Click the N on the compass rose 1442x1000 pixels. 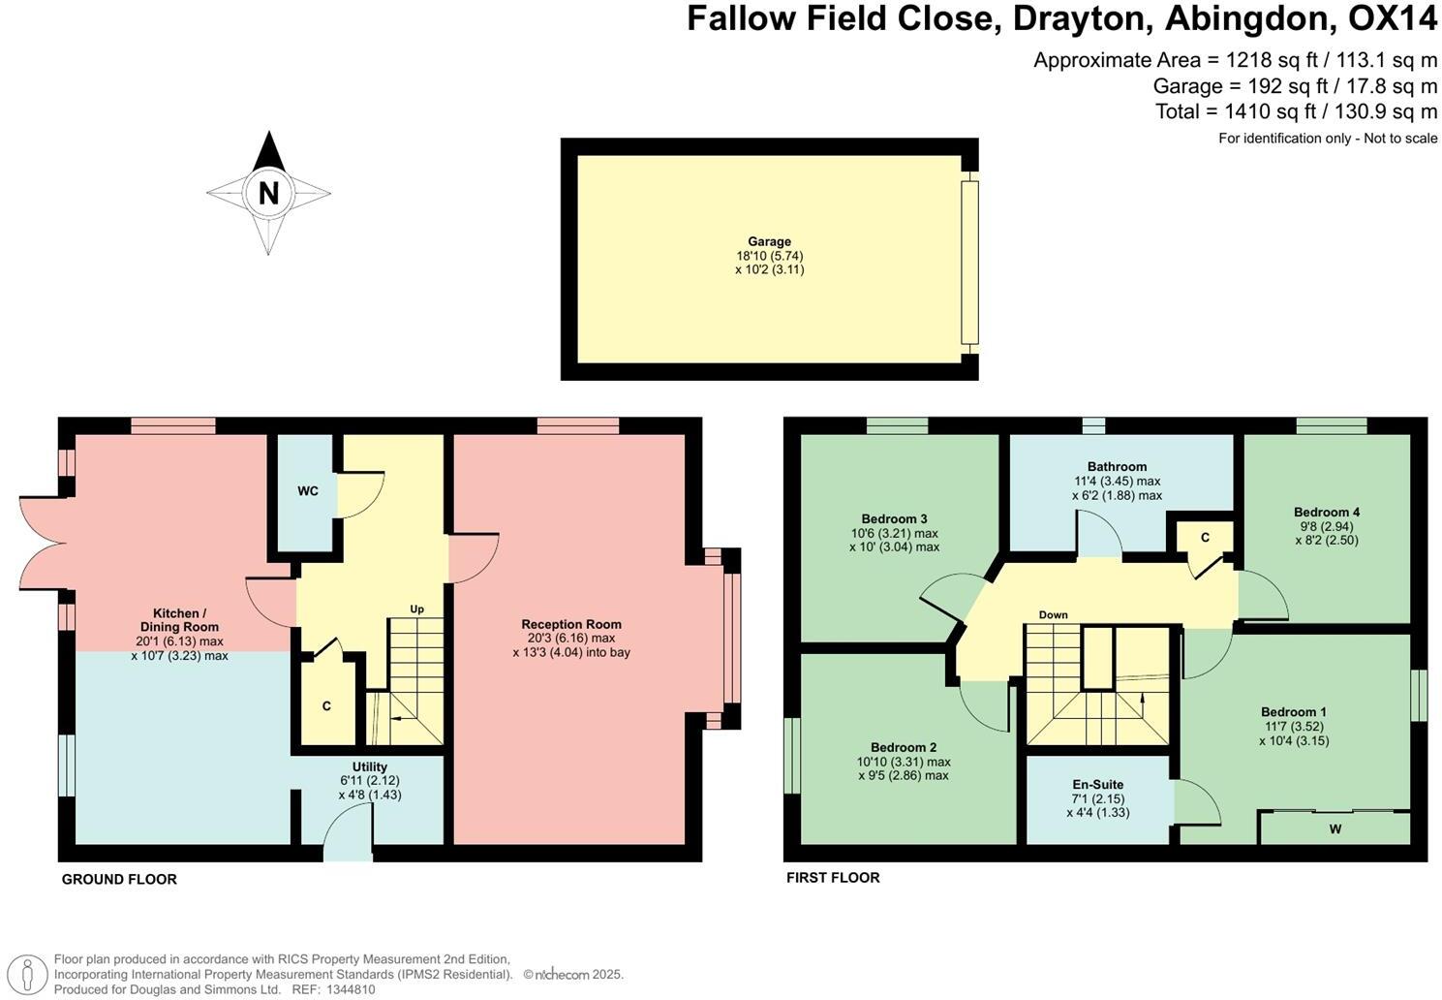tap(268, 193)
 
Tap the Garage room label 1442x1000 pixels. tap(769, 242)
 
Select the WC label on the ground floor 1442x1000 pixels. tap(308, 491)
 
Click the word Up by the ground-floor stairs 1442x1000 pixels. tap(417, 609)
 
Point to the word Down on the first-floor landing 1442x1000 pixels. tap(1053, 615)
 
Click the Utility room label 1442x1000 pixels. tap(370, 766)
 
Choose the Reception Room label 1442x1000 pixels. tap(571, 624)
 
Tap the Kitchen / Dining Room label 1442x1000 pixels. tap(179, 620)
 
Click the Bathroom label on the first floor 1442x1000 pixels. tap(1117, 466)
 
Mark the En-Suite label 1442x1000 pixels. tap(1097, 784)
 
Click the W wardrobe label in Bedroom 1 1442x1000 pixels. tap(1335, 829)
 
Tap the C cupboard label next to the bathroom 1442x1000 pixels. tap(1205, 538)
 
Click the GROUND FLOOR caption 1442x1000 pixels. tap(119, 880)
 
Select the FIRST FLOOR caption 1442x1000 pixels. tap(833, 878)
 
